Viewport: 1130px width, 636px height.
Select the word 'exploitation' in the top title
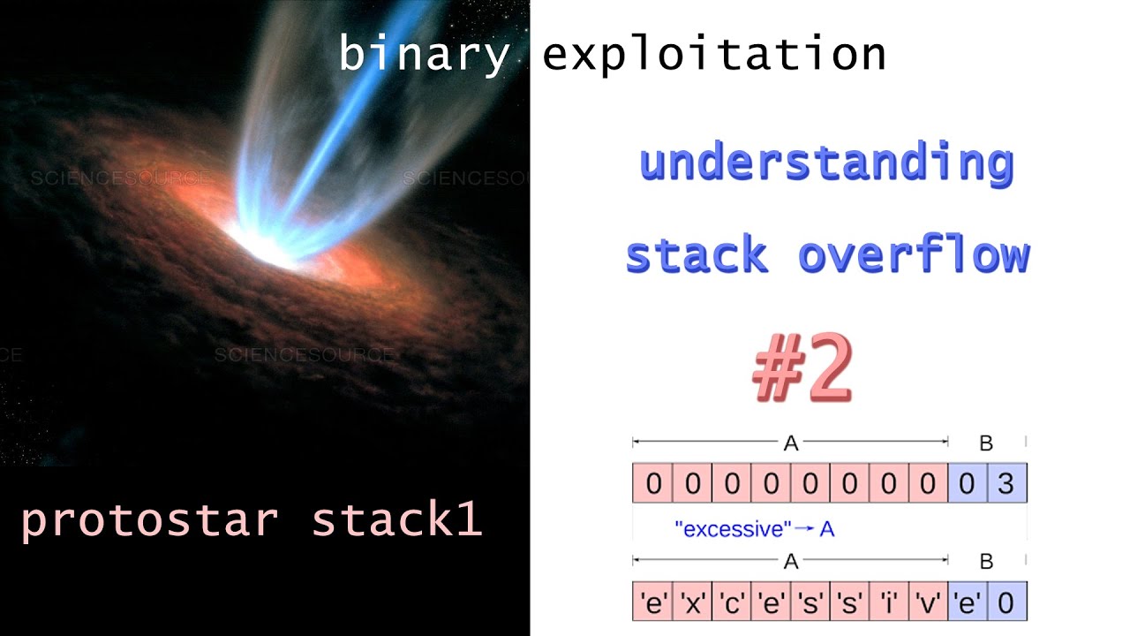point(714,55)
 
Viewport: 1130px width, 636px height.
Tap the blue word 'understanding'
point(826,165)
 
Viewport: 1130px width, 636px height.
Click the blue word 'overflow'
point(914,255)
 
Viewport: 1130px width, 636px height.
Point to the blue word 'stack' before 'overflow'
point(697,255)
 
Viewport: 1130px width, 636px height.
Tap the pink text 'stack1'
point(396,520)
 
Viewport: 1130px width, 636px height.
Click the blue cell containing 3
point(1006,484)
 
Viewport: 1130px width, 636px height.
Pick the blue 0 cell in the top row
point(968,484)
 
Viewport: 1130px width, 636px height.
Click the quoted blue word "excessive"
point(732,529)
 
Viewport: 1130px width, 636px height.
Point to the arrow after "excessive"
point(804,529)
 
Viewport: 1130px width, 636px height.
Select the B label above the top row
point(987,443)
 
